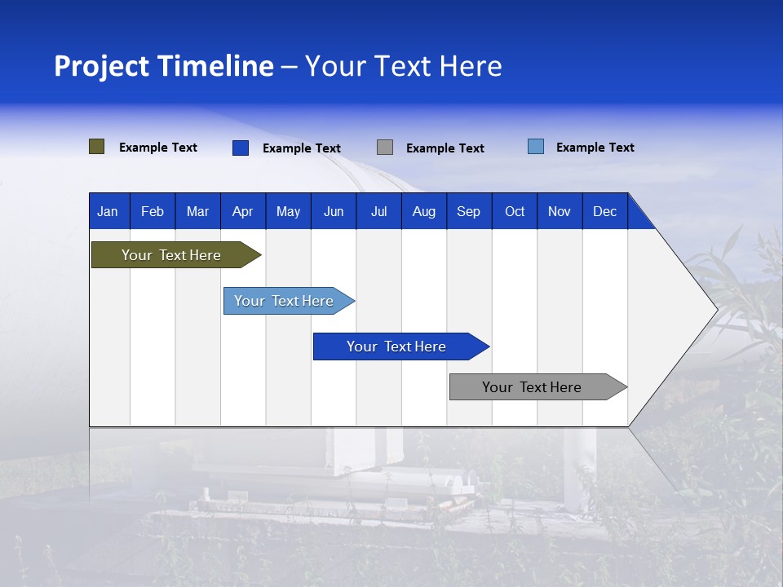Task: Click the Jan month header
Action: (108, 211)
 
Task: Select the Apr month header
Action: (242, 211)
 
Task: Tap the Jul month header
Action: (378, 211)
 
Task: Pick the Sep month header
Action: (468, 211)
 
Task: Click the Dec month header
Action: (604, 211)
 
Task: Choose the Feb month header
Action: (153, 211)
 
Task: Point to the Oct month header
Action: (515, 211)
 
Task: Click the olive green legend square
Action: (97, 147)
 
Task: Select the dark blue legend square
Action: (241, 148)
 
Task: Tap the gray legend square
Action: (385, 148)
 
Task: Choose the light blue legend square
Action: (536, 147)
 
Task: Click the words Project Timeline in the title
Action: (164, 66)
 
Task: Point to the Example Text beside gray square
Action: (445, 148)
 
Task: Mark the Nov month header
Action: (560, 211)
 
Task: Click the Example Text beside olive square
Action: (158, 148)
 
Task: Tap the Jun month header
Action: (334, 211)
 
